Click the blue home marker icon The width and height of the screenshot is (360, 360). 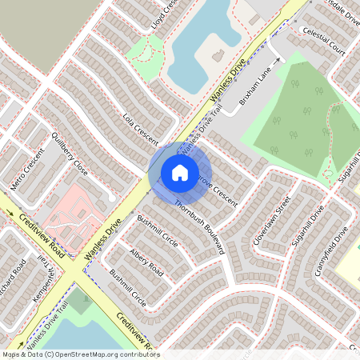point(180,172)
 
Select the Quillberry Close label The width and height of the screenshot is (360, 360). point(70,154)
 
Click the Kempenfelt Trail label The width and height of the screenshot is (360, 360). point(46,278)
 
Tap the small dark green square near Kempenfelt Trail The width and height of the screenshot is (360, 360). point(79,302)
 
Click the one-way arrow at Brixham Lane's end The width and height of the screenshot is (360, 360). point(278,59)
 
